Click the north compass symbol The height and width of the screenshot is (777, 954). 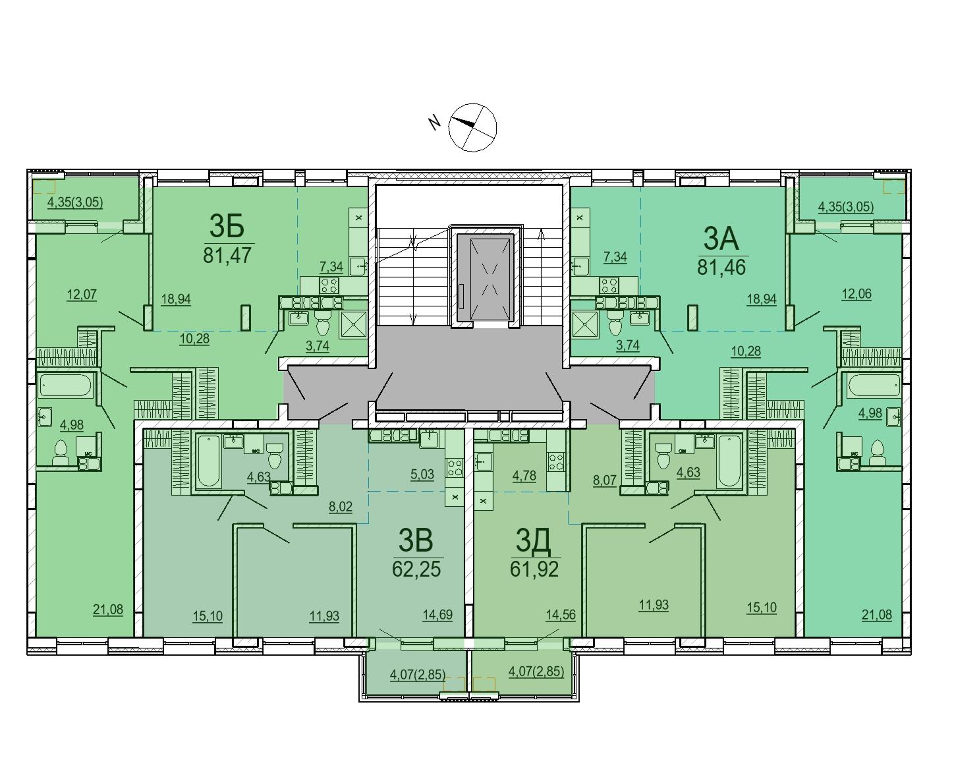(x=472, y=128)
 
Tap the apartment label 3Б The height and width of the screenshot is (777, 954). (x=227, y=226)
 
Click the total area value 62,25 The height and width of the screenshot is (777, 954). (x=416, y=569)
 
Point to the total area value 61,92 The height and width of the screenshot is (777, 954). (x=534, y=569)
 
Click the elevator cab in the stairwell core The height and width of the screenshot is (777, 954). (x=486, y=277)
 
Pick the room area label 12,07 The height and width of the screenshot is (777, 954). (x=82, y=295)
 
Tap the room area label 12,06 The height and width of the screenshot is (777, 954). (x=856, y=293)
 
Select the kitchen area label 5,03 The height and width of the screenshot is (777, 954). (x=422, y=474)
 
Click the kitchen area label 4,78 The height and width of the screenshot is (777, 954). (x=524, y=475)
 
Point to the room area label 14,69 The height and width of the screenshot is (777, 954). (x=437, y=614)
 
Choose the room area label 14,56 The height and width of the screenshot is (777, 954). (x=561, y=614)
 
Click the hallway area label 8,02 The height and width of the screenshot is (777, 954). (x=341, y=506)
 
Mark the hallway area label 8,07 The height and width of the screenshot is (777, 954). (x=605, y=480)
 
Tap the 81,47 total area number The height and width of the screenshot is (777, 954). (x=227, y=255)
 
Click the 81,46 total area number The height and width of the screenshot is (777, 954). (x=721, y=267)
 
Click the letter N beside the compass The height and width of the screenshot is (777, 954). (x=434, y=123)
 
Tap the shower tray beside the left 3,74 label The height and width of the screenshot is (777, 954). (x=353, y=324)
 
